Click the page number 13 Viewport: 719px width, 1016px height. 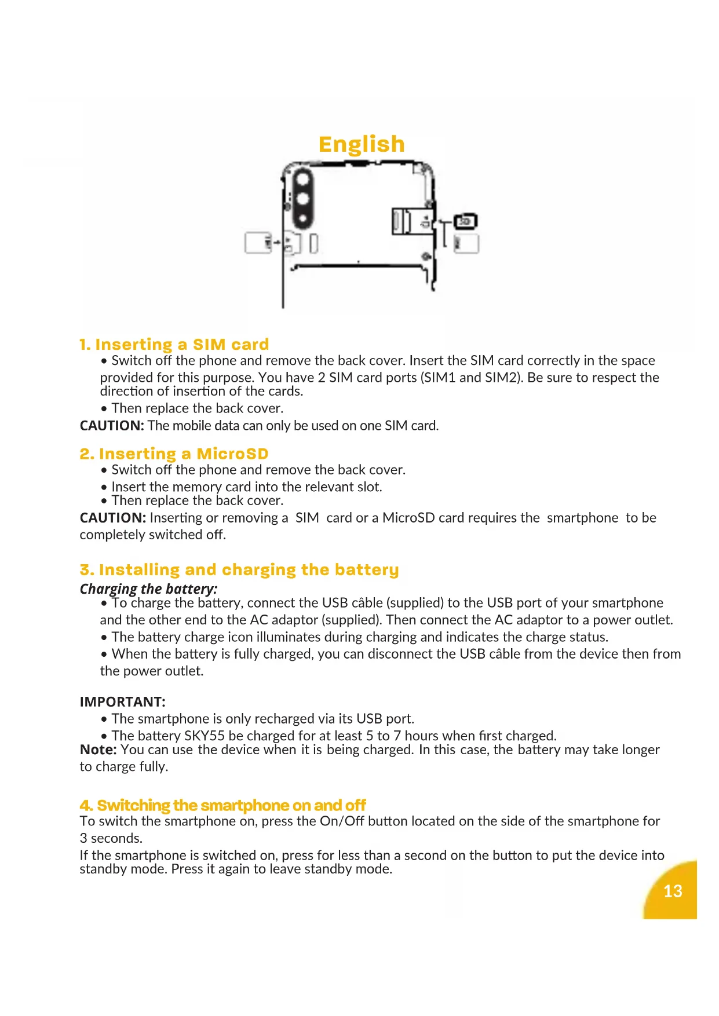673,891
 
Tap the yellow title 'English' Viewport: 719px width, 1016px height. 362,144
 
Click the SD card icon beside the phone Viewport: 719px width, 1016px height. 465,221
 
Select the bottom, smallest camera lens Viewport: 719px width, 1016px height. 302,220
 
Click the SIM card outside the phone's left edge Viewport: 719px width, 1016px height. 258,243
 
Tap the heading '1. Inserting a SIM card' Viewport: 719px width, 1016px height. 174,345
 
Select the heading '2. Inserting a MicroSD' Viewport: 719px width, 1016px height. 174,454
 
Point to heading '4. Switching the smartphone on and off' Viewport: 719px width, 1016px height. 223,805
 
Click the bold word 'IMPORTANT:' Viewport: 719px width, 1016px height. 123,702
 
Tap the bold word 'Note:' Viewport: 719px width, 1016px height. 98,750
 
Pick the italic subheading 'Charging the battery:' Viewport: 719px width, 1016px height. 149,589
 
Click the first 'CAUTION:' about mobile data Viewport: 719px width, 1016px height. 112,426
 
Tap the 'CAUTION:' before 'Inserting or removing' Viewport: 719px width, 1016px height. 112,518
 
